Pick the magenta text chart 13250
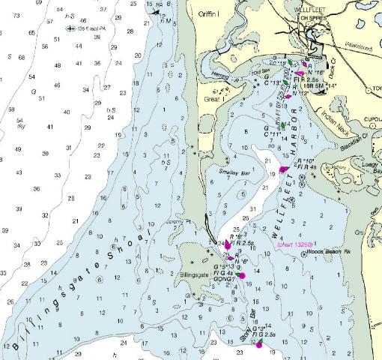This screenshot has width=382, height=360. click(x=295, y=244)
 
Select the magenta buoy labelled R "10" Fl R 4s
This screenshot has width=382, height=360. click(x=283, y=169)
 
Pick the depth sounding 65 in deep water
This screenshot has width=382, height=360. click(x=31, y=33)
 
